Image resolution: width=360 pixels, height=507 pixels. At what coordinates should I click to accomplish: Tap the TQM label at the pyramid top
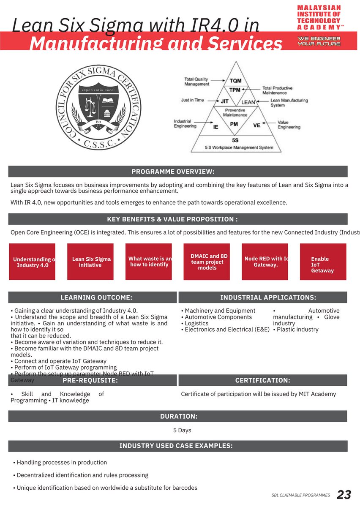tap(235, 80)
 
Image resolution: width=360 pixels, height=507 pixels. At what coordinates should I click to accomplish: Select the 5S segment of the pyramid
tap(235, 140)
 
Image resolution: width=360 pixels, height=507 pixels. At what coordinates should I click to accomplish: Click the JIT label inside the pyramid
tap(225, 101)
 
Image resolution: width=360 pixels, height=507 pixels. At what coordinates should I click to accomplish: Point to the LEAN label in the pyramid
tap(248, 102)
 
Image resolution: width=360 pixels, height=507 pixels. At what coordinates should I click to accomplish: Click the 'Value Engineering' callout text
tap(289, 125)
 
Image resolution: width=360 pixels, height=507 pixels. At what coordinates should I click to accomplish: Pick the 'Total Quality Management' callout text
tap(196, 82)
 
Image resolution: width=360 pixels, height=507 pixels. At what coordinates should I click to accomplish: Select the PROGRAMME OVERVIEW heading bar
tap(178, 172)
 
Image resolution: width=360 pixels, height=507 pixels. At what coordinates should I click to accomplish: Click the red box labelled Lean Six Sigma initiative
tap(90, 262)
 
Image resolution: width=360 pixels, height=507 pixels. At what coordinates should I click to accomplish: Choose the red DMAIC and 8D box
tap(207, 262)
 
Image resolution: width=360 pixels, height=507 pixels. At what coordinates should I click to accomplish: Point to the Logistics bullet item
tap(197, 323)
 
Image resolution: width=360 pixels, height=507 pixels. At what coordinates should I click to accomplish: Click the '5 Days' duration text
tap(182, 430)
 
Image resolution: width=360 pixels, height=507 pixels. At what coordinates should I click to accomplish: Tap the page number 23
tap(344, 495)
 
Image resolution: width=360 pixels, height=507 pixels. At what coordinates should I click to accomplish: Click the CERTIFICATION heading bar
tap(262, 380)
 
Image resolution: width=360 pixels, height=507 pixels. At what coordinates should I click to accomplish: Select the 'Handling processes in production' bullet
tap(62, 463)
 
